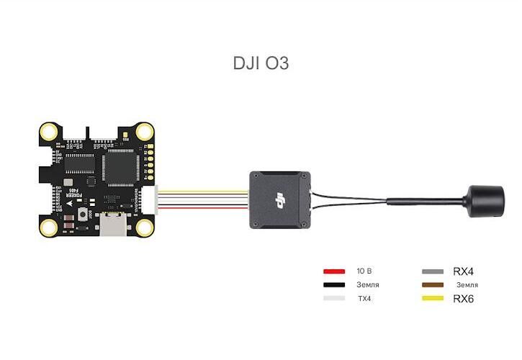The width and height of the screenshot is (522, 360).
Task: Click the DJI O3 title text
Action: pos(261,63)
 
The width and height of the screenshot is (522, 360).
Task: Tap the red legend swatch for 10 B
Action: pos(334,271)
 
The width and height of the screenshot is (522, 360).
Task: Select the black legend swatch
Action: pos(334,285)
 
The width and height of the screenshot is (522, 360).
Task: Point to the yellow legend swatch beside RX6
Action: pos(432,298)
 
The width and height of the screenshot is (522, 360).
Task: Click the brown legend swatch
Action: pos(432,285)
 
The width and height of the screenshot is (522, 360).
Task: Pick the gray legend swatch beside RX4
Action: pos(432,271)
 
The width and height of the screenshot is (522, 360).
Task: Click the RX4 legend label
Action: pos(463,271)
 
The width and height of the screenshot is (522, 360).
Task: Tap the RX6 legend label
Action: pos(463,298)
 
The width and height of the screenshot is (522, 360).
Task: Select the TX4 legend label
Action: pos(364,298)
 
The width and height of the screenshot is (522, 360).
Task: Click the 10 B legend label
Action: pos(364,271)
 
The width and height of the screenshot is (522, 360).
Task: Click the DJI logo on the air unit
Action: pos(277,199)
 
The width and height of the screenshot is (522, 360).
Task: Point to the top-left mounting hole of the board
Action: pos(49,132)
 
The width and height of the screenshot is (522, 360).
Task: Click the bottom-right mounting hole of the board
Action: pos(145,227)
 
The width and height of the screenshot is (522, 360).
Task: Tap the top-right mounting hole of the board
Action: pos(145,132)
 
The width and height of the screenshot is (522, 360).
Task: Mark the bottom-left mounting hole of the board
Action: pos(49,227)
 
